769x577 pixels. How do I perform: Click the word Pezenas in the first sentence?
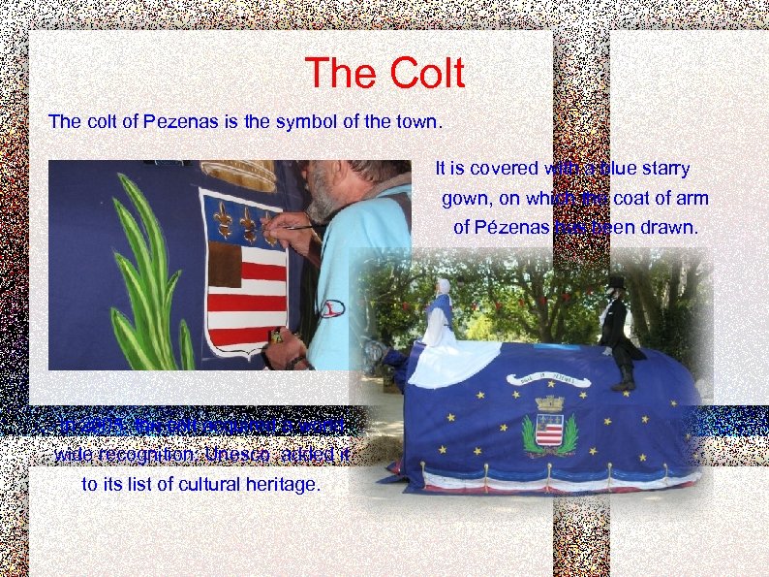coord(169,122)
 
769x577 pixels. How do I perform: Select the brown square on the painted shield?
coord(225,264)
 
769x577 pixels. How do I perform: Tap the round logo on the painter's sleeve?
coord(332,308)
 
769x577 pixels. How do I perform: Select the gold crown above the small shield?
coord(549,402)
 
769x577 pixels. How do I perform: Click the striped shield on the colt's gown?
coord(549,430)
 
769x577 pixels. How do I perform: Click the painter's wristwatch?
coord(295,361)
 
